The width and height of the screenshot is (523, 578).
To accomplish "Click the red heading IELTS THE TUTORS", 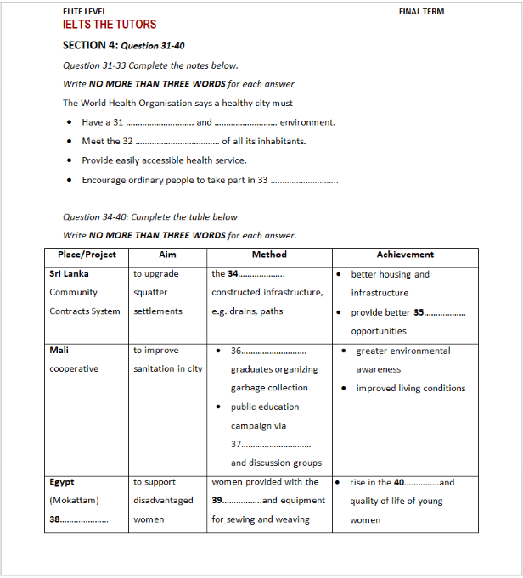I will click(110, 25).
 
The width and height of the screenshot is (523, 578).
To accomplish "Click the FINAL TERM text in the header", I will click(421, 12).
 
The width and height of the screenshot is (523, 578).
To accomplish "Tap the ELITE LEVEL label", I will click(85, 12).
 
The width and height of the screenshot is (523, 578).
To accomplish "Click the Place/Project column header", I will click(87, 255).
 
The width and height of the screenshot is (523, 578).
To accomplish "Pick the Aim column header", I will click(167, 255).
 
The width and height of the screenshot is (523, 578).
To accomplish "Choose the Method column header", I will click(269, 255).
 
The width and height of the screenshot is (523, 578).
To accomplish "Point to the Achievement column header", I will click(405, 255).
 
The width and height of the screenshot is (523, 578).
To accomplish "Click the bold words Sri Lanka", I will click(69, 274).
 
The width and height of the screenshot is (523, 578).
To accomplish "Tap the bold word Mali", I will click(59, 350).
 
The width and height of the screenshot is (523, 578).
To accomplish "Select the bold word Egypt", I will click(62, 482).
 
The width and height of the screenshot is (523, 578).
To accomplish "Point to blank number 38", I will click(79, 519).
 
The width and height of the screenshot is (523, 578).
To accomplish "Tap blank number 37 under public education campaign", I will click(271, 444).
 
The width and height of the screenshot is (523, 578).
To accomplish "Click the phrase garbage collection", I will click(269, 388).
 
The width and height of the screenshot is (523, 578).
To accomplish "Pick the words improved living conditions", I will click(411, 388).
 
